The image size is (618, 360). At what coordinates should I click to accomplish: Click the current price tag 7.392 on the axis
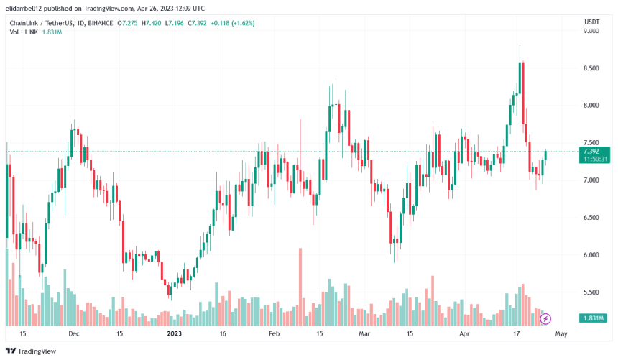(591, 152)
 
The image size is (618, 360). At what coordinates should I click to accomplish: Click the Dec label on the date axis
(73, 334)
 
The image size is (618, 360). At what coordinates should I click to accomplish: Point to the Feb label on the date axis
(274, 334)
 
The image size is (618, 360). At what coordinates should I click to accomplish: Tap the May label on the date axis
(562, 334)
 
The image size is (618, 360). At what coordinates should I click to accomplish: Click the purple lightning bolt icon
(545, 318)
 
